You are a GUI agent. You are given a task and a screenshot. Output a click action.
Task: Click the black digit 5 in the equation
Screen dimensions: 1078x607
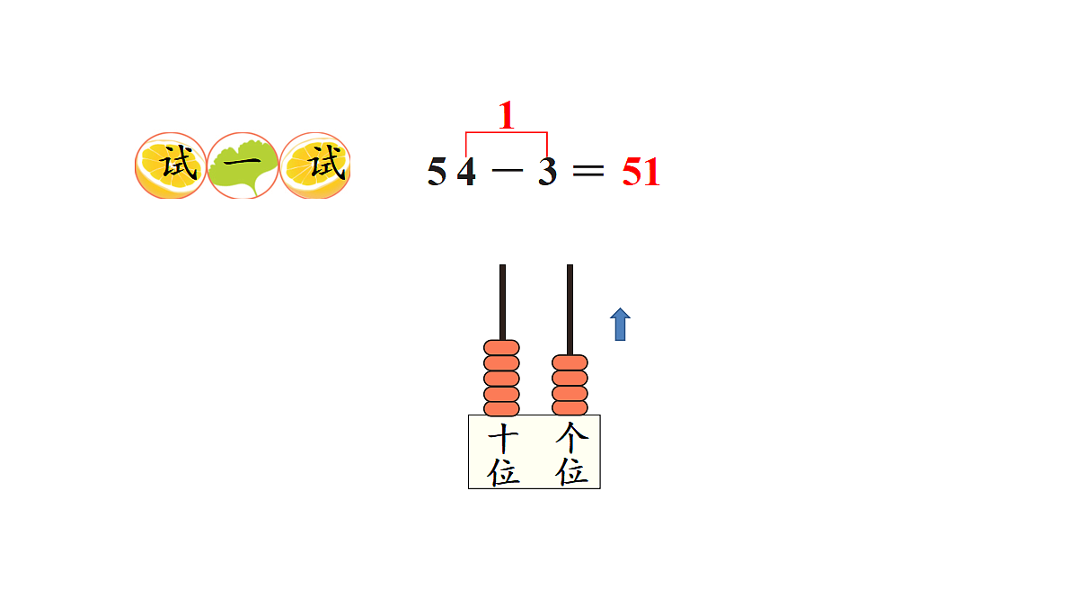437,171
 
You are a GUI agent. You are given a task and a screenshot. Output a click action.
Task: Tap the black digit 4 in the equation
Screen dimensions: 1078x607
466,171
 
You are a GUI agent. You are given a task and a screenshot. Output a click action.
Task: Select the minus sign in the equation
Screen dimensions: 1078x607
508,170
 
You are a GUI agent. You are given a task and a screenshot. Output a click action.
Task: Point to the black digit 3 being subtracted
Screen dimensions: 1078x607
548,171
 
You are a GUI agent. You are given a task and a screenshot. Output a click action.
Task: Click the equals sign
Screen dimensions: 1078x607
588,171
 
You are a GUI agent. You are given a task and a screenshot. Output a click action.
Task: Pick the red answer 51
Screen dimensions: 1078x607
641,172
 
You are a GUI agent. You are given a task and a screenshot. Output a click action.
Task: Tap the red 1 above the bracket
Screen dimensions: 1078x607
507,115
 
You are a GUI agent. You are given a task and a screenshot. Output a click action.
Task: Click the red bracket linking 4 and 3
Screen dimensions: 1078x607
507,132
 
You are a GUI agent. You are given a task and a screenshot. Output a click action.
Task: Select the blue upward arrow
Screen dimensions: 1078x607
621,325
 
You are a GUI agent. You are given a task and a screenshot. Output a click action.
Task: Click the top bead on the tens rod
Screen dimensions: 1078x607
501,347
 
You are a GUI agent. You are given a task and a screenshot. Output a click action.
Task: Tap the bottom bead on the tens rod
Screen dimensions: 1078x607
501,408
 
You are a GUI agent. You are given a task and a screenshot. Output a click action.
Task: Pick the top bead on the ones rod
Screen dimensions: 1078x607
570,362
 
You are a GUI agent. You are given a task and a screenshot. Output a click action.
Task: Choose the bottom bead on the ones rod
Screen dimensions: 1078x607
570,408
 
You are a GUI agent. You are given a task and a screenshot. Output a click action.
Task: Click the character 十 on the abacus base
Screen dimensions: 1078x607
503,437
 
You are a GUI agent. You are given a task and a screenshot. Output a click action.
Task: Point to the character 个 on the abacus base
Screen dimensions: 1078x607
571,437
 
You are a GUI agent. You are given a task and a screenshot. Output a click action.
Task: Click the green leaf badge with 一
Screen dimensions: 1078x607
243,165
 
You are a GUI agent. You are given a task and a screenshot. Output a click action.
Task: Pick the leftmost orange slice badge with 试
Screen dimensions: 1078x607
171,165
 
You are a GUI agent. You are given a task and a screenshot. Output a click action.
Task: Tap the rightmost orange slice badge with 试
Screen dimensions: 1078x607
315,165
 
